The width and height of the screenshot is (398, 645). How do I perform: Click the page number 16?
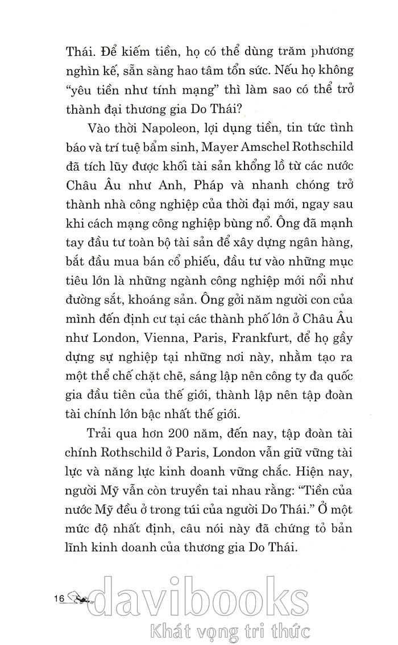pyautogui.click(x=59, y=601)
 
